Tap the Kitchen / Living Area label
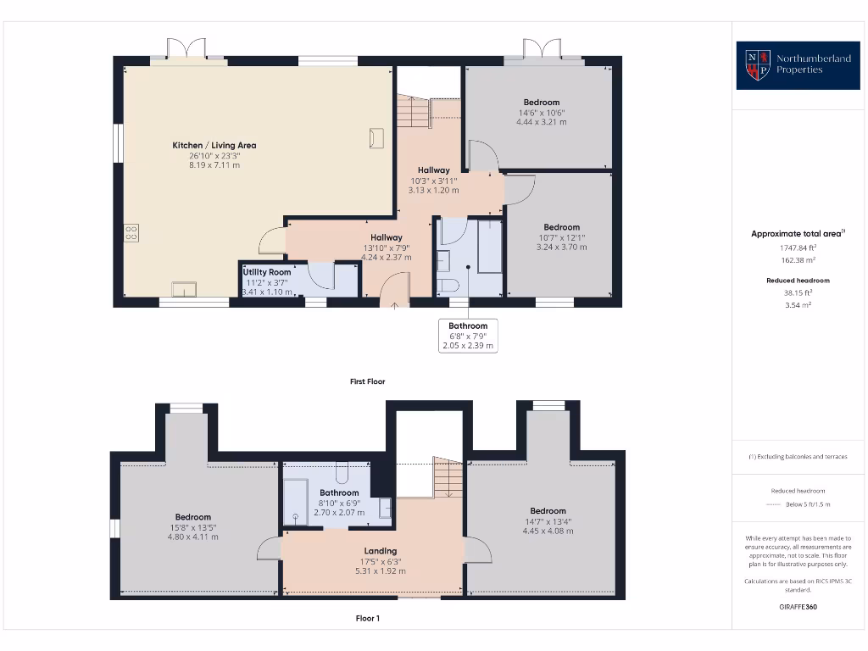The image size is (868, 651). (x=214, y=145)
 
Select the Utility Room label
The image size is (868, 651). (x=268, y=272)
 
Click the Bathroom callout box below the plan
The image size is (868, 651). (x=468, y=336)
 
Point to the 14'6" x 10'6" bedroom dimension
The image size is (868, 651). (x=541, y=113)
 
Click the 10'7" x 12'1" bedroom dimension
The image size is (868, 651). (x=561, y=237)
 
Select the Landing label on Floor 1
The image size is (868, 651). (x=381, y=551)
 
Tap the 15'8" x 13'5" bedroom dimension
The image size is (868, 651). (x=193, y=527)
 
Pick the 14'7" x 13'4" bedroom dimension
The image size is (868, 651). (x=548, y=521)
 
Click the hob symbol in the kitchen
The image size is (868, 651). (x=131, y=232)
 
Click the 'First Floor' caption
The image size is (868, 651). (x=368, y=381)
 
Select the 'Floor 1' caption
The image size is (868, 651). (x=368, y=618)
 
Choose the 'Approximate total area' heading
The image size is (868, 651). (x=796, y=234)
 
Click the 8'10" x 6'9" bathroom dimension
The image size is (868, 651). (x=339, y=504)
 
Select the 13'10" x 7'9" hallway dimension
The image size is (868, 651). (x=387, y=248)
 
